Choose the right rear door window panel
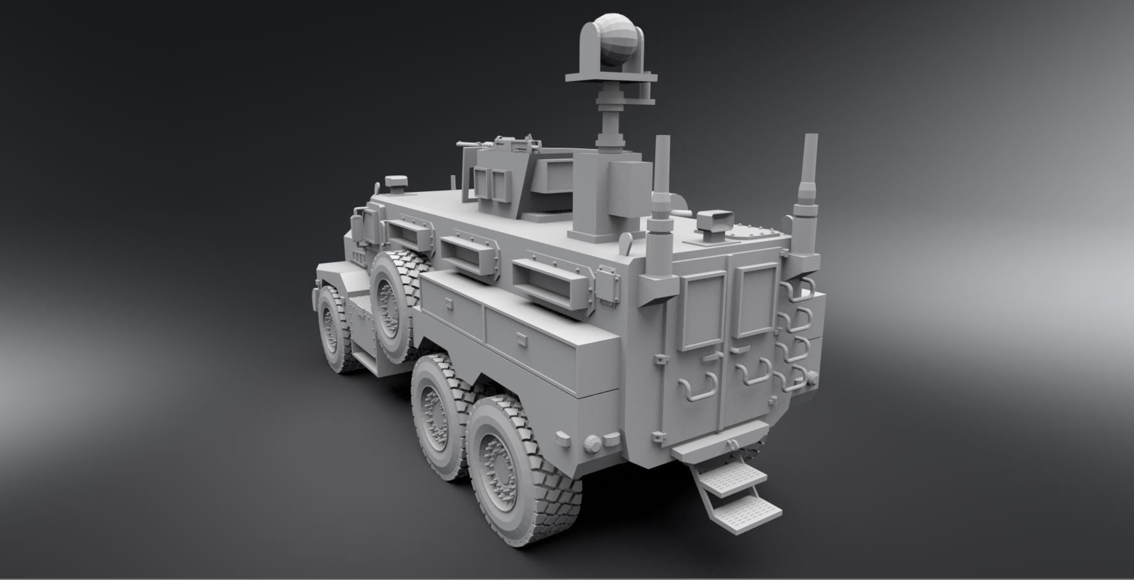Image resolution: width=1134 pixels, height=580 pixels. click(x=755, y=301)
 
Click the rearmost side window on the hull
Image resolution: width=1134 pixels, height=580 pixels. click(x=543, y=282)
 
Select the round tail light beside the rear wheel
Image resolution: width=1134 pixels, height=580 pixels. click(x=595, y=443)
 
